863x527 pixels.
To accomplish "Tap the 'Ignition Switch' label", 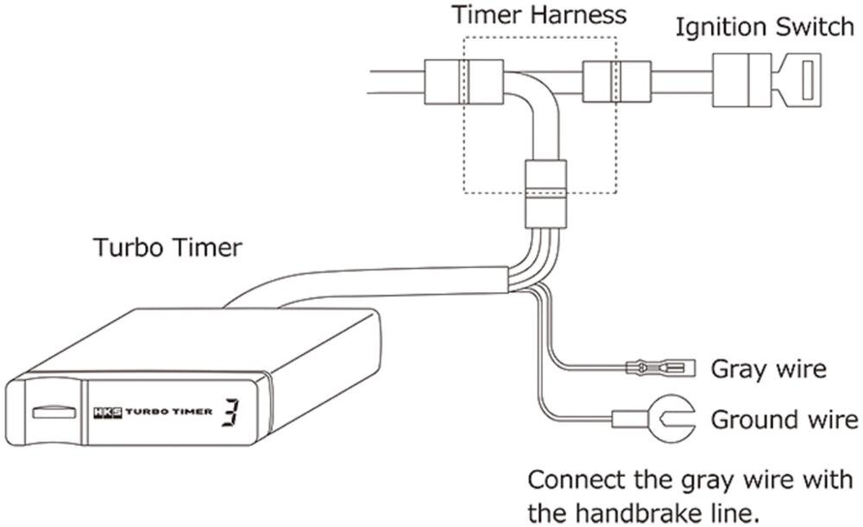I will (x=765, y=26).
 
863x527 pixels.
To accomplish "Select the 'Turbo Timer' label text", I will (x=167, y=249).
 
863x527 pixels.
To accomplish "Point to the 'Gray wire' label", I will (x=768, y=370).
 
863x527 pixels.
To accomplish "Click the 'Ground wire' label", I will (x=784, y=421).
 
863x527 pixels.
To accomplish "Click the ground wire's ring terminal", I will (x=671, y=421).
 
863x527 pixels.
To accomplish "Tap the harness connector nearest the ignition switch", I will (x=615, y=83).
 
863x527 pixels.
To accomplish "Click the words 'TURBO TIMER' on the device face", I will (x=168, y=412).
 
